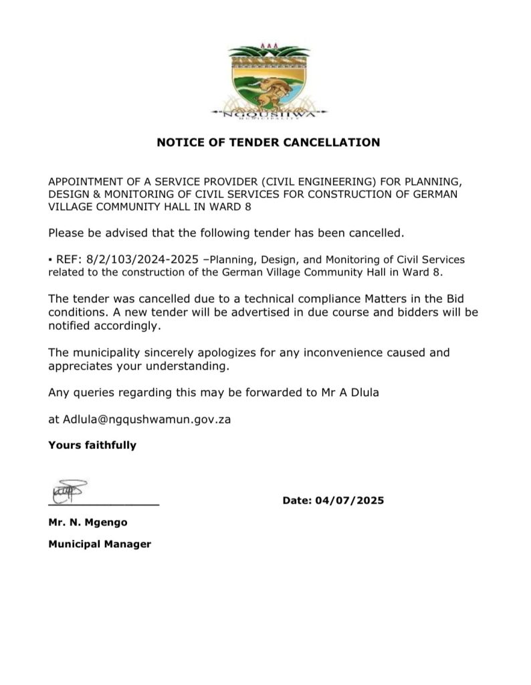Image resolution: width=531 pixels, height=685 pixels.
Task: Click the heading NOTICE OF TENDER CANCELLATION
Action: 268,142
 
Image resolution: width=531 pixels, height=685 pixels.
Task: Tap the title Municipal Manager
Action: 100,544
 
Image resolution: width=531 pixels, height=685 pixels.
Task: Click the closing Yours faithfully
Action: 92,445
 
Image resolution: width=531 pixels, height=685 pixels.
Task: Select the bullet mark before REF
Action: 50,259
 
